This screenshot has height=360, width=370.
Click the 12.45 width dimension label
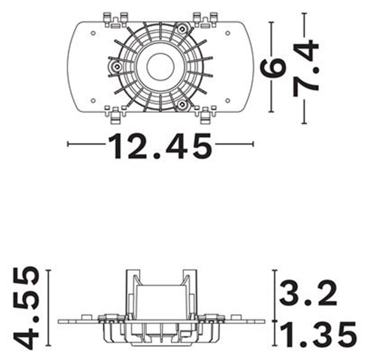pos(160,146)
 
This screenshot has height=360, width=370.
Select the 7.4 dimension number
pos(306,69)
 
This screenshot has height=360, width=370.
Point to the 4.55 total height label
pos(26,308)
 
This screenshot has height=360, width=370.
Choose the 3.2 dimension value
pos(308,293)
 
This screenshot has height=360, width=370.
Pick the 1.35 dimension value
pos(318,335)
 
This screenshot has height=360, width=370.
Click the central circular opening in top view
pos(160,66)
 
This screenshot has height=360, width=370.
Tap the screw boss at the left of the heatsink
pos(116,67)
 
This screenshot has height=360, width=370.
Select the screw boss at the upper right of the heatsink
pos(182,29)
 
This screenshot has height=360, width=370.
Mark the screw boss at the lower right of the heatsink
pos(182,104)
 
